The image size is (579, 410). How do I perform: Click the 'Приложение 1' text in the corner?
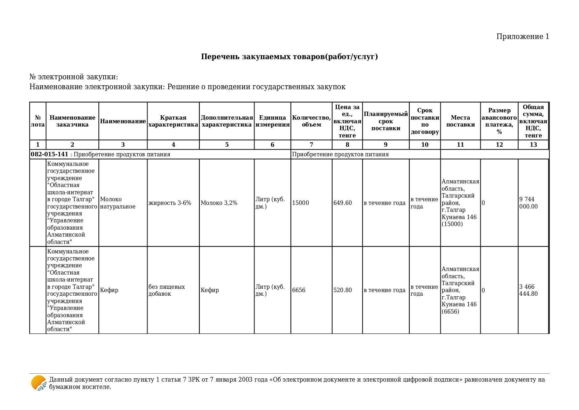(523, 37)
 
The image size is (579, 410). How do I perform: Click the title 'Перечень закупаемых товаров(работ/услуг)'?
(289, 57)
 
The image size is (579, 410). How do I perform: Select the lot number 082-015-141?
(50, 154)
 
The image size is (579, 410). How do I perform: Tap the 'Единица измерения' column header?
(272, 121)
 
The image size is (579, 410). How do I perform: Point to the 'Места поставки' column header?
(460, 121)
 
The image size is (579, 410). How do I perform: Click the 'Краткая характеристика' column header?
(173, 121)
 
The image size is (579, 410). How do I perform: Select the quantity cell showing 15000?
(300, 203)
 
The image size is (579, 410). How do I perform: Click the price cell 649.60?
(343, 203)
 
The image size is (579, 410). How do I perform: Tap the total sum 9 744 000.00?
(528, 203)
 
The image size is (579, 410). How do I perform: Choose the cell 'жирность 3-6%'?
(170, 203)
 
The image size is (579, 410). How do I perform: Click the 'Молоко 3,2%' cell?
(219, 203)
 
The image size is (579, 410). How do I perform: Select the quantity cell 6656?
(299, 290)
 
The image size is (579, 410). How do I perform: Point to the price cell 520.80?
(343, 290)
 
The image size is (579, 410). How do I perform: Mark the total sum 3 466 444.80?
(528, 290)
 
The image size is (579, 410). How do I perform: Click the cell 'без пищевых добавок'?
(167, 290)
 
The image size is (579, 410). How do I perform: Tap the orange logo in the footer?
(39, 383)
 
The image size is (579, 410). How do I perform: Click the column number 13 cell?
(533, 145)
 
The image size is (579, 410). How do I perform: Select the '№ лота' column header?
(38, 121)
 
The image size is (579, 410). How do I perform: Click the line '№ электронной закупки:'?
(74, 77)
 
